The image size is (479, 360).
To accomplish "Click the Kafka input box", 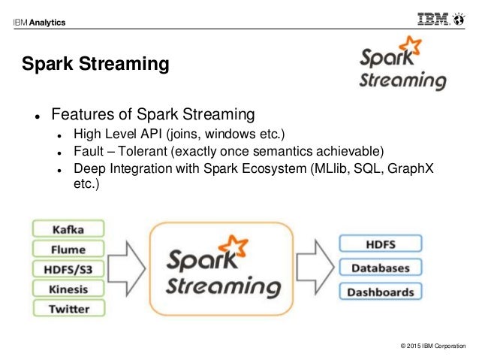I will [x=68, y=228].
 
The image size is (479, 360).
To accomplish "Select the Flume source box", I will [x=68, y=249].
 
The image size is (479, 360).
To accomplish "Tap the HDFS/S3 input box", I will [x=68, y=269].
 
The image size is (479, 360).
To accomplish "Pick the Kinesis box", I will [x=68, y=289].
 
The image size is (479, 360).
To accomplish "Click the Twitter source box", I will [x=68, y=309].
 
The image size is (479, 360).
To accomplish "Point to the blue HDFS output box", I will [x=381, y=244].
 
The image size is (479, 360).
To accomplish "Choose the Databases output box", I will [x=381, y=268].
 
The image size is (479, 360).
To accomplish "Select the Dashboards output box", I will [x=381, y=292].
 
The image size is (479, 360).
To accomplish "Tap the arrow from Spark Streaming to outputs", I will [x=315, y=268].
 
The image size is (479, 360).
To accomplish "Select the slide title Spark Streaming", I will [x=95, y=65].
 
